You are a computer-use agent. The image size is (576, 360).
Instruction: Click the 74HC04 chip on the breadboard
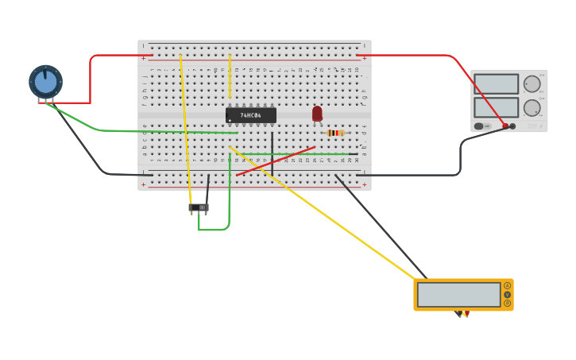(251, 115)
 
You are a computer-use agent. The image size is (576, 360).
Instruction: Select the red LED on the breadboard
(317, 114)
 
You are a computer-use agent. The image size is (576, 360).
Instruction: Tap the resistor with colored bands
(335, 133)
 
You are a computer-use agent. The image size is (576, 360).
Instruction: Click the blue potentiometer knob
(45, 82)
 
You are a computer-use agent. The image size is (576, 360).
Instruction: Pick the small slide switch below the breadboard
(199, 207)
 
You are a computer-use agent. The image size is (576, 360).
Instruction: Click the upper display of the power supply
(497, 83)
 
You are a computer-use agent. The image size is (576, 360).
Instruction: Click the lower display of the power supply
(497, 106)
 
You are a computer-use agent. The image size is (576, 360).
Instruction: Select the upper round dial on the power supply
(532, 83)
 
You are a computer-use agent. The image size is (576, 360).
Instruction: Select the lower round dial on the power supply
(532, 107)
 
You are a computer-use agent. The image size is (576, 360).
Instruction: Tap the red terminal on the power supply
(505, 126)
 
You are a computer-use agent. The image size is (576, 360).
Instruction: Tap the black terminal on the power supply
(512, 126)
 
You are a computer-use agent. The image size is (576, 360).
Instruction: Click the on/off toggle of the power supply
(480, 126)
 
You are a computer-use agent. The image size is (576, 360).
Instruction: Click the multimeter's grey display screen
(458, 294)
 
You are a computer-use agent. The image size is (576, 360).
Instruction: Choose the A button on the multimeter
(507, 285)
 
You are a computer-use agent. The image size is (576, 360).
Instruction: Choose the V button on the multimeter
(507, 294)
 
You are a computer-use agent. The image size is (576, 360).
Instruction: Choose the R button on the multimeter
(507, 303)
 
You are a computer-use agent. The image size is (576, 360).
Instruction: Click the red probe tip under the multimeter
(466, 314)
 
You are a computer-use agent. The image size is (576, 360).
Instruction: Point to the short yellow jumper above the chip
(230, 75)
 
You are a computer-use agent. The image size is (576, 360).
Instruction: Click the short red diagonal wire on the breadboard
(275, 161)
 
